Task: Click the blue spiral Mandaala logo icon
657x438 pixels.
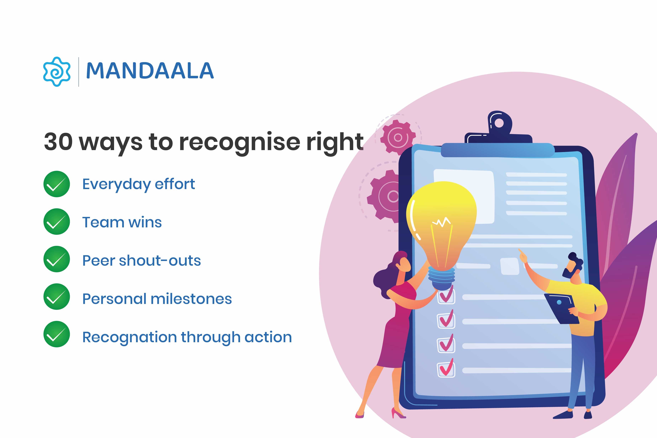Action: pyautogui.click(x=57, y=72)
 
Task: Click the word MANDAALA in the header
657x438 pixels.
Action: pyautogui.click(x=150, y=71)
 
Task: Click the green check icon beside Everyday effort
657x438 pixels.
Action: pyautogui.click(x=57, y=184)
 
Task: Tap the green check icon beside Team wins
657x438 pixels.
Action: pyautogui.click(x=57, y=221)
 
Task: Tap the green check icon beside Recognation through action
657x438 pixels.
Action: pyautogui.click(x=57, y=334)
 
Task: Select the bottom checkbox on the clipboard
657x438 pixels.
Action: pyautogui.click(x=446, y=370)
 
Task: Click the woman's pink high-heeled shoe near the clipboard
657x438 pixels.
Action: pyautogui.click(x=398, y=413)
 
